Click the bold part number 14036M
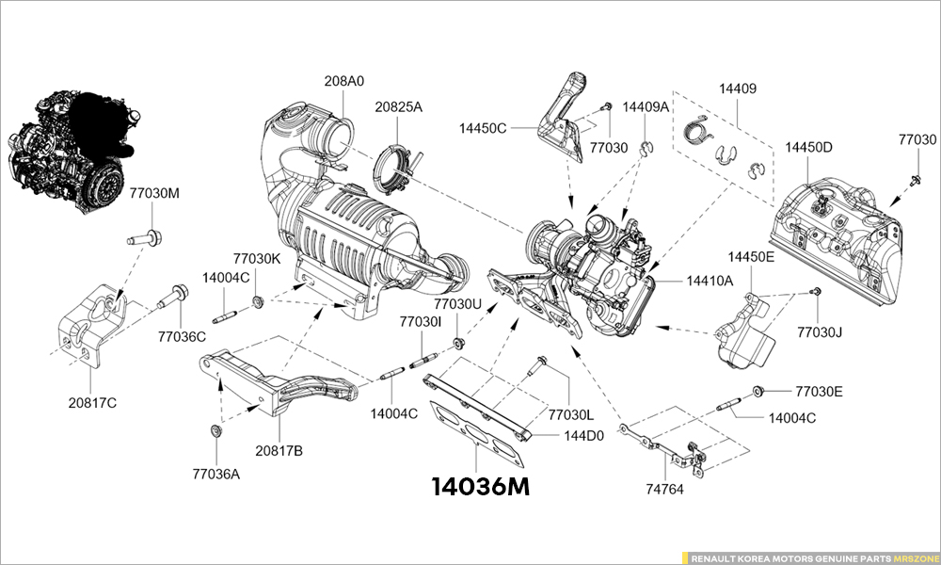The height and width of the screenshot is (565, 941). (x=480, y=487)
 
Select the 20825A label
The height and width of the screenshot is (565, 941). (x=399, y=107)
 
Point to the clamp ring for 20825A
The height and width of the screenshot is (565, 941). (x=395, y=165)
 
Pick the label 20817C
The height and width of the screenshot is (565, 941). (x=91, y=402)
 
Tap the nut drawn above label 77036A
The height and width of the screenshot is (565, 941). (x=215, y=431)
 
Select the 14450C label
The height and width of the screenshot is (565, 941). (x=484, y=127)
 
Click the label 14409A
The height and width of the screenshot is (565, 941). (x=646, y=106)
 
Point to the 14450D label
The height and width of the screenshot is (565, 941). (x=809, y=148)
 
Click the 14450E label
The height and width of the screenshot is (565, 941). (x=751, y=256)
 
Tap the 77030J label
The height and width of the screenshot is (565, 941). (x=820, y=332)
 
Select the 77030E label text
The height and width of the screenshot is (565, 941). (x=819, y=391)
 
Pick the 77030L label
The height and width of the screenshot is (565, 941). (x=571, y=414)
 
